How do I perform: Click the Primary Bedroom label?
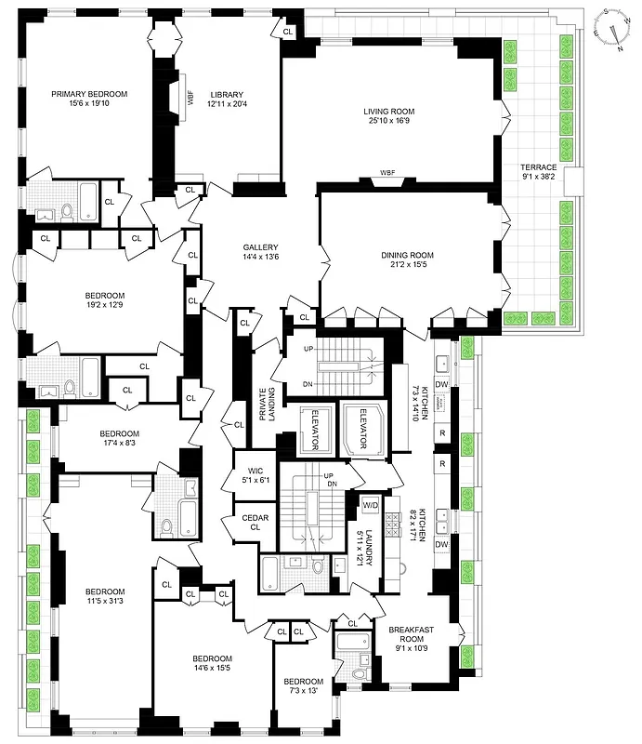(89, 94)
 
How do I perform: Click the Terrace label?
(539, 166)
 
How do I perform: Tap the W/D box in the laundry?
(370, 505)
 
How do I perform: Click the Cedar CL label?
(250, 524)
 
